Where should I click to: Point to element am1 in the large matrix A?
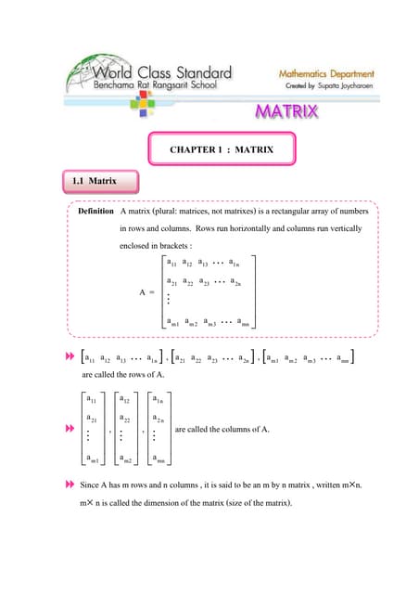(172, 323)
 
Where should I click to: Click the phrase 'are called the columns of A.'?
(222, 429)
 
